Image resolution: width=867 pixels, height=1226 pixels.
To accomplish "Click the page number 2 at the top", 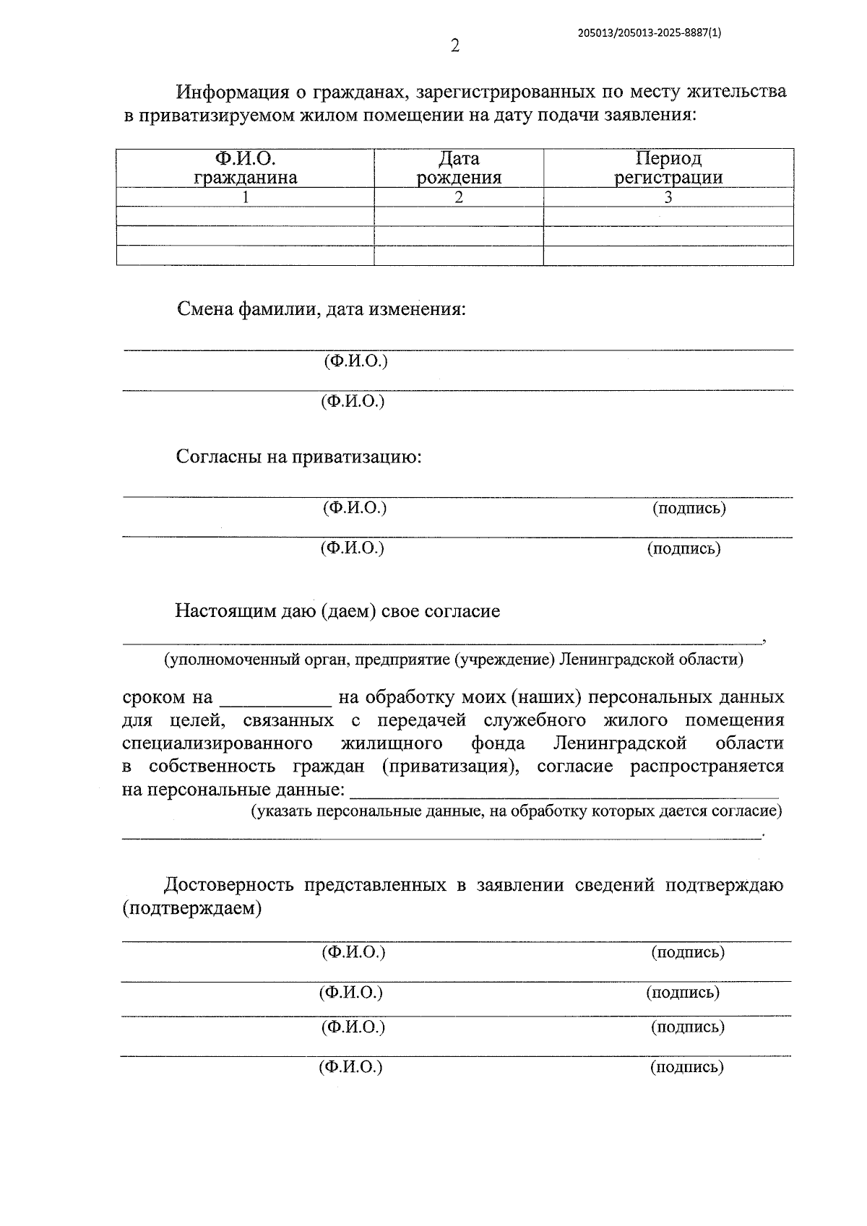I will coord(454,47).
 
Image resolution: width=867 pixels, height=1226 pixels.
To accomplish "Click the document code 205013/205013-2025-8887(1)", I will coord(650,33).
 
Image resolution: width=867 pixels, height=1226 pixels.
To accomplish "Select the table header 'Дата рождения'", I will coord(459,168).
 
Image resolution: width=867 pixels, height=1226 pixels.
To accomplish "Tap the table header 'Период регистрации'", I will coord(668,168).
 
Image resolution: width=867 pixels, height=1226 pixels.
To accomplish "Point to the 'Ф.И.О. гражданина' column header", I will coord(245,168).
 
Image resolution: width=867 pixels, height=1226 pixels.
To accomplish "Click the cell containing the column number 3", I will coord(668,197).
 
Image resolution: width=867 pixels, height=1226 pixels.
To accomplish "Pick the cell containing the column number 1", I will coord(245,197).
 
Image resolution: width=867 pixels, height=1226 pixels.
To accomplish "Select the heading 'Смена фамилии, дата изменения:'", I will coord(322,310).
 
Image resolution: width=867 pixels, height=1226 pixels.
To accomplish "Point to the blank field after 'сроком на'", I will coord(275,699).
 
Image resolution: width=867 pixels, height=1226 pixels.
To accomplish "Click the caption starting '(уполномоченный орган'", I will coord(453,659).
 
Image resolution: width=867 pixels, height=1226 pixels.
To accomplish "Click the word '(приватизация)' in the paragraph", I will coord(450,767).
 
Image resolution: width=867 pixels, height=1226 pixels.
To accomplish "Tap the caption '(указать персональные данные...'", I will coord(516,811).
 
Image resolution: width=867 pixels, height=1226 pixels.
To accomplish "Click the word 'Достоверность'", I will coord(228,885).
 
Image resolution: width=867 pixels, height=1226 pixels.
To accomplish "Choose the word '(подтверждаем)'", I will coord(191,908).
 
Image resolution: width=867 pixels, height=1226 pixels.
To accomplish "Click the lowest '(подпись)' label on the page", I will coord(686,1067).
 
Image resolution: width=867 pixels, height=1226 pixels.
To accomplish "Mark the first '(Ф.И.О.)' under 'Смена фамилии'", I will coord(355,361).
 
